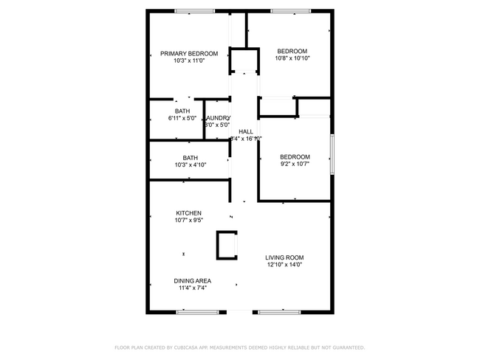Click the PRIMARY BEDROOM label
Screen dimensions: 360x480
click(x=189, y=53)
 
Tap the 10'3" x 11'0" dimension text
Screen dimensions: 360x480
click(x=189, y=61)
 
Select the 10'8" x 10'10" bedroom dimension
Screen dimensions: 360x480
click(x=292, y=58)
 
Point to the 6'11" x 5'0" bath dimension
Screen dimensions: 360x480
click(x=182, y=118)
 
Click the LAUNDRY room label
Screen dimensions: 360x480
click(x=218, y=117)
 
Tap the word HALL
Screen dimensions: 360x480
click(x=246, y=131)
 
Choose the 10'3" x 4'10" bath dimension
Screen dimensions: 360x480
click(x=191, y=165)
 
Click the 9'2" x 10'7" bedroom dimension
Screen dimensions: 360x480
click(x=295, y=165)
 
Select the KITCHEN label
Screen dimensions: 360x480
click(x=188, y=212)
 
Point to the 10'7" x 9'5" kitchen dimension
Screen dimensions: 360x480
click(x=188, y=220)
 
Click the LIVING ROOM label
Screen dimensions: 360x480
click(x=284, y=257)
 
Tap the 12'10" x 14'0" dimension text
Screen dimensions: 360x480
click(x=284, y=265)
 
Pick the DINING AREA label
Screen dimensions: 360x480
click(x=193, y=280)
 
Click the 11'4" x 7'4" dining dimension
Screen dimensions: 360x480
click(x=193, y=288)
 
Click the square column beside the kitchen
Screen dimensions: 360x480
click(x=227, y=245)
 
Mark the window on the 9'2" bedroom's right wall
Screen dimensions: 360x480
click(x=331, y=154)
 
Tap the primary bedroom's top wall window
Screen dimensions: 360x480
click(x=194, y=10)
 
